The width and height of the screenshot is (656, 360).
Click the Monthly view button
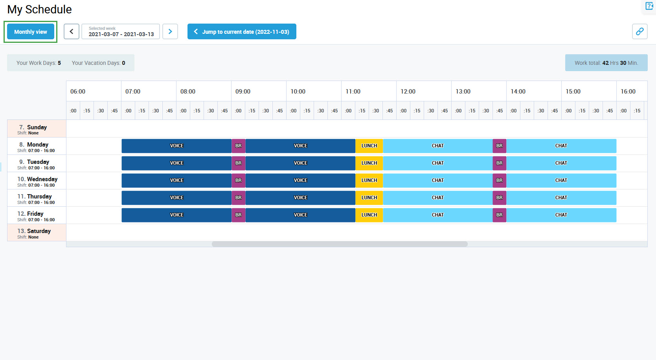pyautogui.click(x=31, y=32)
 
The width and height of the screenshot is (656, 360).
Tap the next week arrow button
pyautogui.click(x=170, y=31)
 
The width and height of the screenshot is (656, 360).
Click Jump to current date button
pyautogui.click(x=242, y=31)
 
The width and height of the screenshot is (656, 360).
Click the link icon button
pyautogui.click(x=639, y=31)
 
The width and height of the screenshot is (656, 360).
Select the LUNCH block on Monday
pyautogui.click(x=369, y=146)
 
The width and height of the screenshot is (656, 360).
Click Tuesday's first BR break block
pyautogui.click(x=239, y=163)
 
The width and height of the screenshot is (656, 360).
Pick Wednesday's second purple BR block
pyautogui.click(x=499, y=180)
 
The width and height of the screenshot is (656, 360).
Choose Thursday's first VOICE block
pyautogui.click(x=176, y=198)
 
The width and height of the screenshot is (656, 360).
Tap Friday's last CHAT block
pyautogui.click(x=561, y=215)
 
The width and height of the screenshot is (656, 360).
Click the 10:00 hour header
pyautogui.click(x=298, y=92)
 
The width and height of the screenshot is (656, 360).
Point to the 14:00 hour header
pyautogui.click(x=518, y=92)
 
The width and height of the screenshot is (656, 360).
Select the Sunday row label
pyautogui.click(x=37, y=129)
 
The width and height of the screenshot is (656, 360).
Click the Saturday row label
pyautogui.click(x=37, y=233)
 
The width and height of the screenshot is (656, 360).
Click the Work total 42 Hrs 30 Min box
pyautogui.click(x=606, y=63)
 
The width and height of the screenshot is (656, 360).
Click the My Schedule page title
pyautogui.click(x=39, y=9)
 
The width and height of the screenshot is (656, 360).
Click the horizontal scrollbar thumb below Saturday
pyautogui.click(x=340, y=244)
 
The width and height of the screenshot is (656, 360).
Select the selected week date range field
pyautogui.click(x=121, y=31)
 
